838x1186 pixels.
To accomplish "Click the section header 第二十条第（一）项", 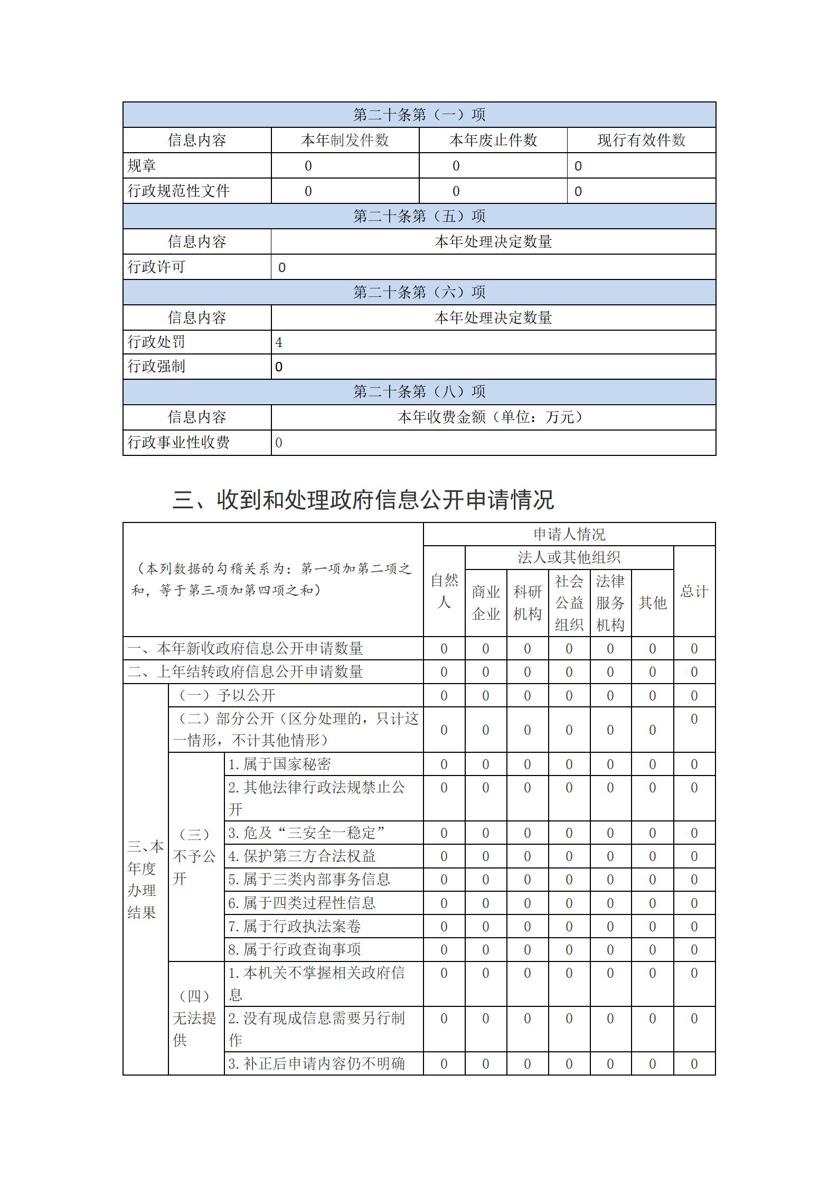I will [419, 115].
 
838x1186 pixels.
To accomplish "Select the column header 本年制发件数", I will [345, 140].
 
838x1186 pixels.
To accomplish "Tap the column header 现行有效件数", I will [641, 140].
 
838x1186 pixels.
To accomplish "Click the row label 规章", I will [142, 166].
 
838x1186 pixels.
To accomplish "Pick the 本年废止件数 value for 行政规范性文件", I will [456, 191].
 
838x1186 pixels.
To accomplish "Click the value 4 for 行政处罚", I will [279, 342].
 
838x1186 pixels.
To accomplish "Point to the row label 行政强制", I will [156, 367].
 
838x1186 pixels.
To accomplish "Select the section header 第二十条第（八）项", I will [419, 391].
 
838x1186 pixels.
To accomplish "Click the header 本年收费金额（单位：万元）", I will [493, 417].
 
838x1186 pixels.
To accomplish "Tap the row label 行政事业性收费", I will [178, 443].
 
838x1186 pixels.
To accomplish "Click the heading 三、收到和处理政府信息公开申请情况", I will [363, 500].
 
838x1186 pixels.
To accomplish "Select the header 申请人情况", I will [569, 534].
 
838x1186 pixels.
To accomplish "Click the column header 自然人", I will [444, 591].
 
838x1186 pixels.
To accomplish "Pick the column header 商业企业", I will [486, 603].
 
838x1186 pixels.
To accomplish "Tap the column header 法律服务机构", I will [610, 603].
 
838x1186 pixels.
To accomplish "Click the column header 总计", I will [694, 591].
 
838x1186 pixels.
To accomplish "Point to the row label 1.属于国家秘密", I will [280, 764].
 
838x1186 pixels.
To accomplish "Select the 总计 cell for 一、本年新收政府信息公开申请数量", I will [694, 649].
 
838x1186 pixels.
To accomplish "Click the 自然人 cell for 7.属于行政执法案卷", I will [444, 926].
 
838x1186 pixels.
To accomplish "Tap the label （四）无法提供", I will [195, 1018].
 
